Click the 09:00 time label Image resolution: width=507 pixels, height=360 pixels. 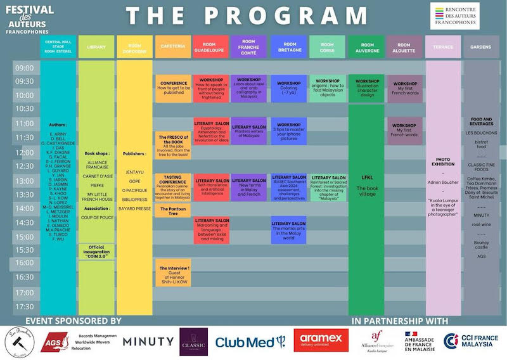[24, 68]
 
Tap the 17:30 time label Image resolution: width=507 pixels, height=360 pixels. [24, 307]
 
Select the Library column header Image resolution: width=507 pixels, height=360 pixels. [96, 47]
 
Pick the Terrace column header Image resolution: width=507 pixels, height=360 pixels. [443, 47]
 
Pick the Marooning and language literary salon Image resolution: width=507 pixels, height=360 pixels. [212, 229]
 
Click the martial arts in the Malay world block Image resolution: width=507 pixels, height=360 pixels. [288, 229]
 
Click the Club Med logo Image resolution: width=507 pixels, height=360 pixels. [247, 341]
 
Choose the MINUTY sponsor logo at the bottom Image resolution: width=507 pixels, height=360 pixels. [148, 341]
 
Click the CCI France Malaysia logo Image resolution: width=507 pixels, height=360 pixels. [473, 340]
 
